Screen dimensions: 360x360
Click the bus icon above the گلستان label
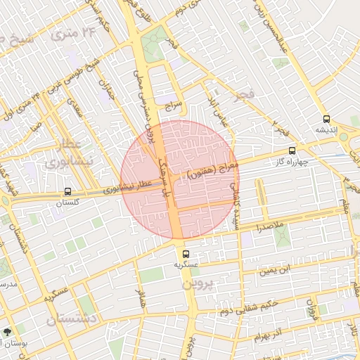67,191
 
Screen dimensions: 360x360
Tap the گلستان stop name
67,202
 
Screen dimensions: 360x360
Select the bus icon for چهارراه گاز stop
292,150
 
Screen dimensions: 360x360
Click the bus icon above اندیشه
326,119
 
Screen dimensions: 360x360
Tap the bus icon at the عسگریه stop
186,253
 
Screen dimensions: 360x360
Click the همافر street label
141,298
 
